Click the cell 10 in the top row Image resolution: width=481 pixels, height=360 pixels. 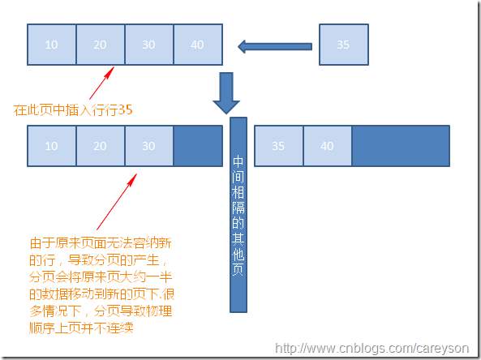point(52,45)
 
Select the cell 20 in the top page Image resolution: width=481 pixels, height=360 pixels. point(101,45)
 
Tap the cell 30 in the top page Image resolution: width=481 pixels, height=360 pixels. point(149,45)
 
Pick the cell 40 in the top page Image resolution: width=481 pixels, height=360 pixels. point(198,45)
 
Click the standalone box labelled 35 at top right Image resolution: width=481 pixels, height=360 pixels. point(344,45)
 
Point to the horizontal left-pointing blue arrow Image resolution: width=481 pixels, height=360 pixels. point(275,46)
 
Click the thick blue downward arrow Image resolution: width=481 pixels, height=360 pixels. point(226,93)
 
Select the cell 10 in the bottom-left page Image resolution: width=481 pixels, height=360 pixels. point(52,146)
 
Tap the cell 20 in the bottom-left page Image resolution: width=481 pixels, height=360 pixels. point(101,146)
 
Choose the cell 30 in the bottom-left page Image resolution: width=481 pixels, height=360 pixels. point(149,146)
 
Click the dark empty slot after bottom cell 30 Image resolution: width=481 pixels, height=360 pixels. point(198,146)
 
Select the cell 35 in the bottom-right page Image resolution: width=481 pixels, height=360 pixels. point(278,146)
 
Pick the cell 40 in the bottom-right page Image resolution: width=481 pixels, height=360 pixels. point(328,146)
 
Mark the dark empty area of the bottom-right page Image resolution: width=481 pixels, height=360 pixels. point(401,146)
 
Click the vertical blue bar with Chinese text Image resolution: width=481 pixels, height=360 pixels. point(238,215)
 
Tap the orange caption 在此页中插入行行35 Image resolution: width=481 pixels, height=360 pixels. point(73,109)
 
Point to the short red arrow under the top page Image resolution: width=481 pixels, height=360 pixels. point(102,83)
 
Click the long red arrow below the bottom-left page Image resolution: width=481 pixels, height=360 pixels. point(117,202)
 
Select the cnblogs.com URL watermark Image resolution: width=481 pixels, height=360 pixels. point(371,349)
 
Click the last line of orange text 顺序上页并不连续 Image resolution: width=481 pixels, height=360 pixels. point(82,328)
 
